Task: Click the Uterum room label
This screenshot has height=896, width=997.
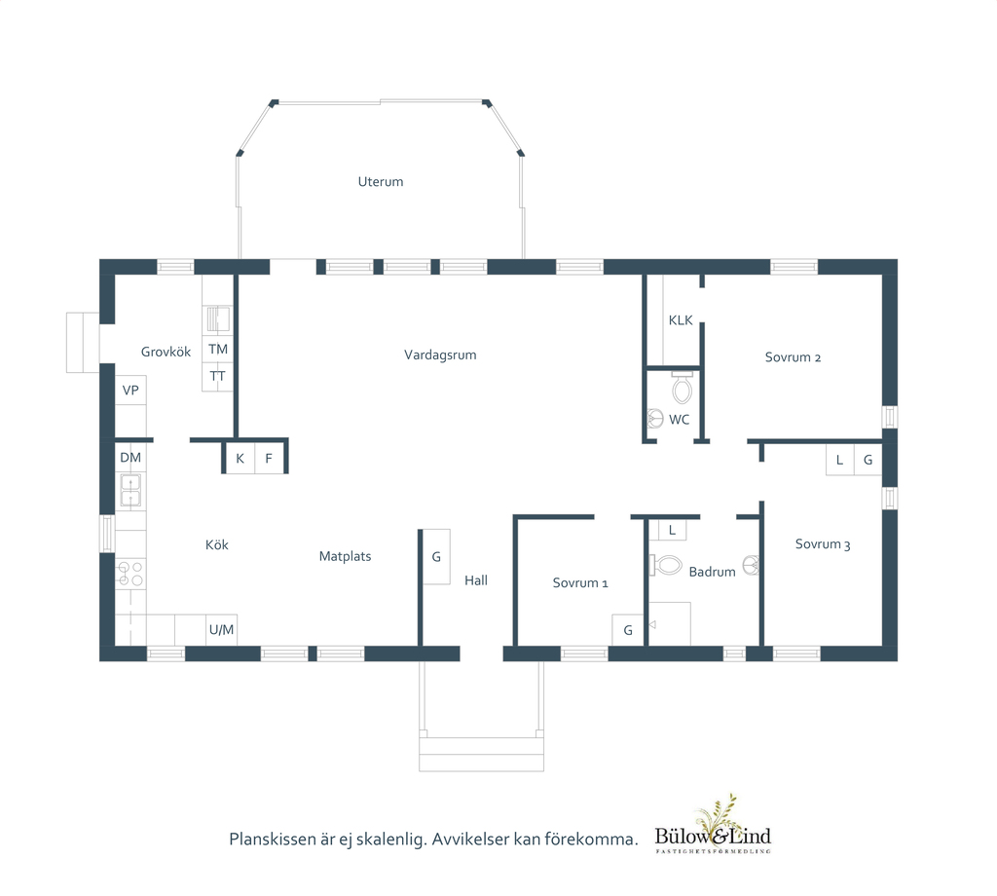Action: click(381, 182)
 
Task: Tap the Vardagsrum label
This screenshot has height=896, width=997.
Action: click(440, 355)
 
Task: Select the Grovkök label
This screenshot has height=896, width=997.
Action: click(166, 352)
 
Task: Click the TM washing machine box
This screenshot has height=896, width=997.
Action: click(218, 349)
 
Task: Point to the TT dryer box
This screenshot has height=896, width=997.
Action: click(218, 377)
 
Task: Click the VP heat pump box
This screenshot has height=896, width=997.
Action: click(130, 391)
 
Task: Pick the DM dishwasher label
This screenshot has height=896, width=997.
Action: click(130, 457)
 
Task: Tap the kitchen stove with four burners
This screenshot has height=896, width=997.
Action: click(130, 574)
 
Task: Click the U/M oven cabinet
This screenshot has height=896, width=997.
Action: click(221, 629)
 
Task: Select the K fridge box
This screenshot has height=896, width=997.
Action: click(240, 459)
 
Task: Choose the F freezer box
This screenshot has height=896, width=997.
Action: click(269, 459)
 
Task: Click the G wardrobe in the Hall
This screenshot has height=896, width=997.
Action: click(437, 557)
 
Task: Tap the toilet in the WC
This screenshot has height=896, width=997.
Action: click(682, 388)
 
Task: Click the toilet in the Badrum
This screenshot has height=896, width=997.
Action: click(665, 565)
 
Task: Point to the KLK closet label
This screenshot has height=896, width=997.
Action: click(681, 320)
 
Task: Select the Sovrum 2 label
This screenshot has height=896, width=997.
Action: click(793, 357)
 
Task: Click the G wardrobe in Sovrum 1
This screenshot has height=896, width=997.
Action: click(628, 630)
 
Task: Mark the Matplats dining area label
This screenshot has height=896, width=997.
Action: click(346, 556)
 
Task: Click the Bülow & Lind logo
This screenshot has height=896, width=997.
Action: click(713, 825)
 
